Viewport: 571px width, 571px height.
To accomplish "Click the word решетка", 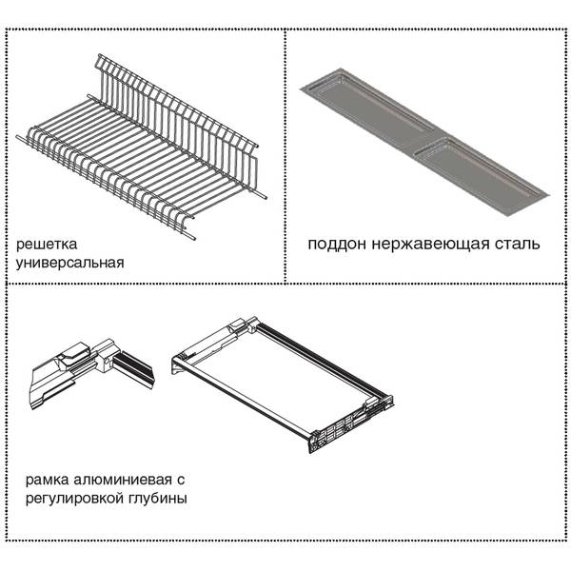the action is coord(47,245).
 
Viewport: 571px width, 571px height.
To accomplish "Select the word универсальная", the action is coord(69,263).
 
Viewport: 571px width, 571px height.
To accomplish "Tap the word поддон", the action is coord(337,244).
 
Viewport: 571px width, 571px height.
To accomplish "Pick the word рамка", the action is coord(47,480).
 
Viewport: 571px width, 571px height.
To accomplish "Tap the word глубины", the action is coord(158,498).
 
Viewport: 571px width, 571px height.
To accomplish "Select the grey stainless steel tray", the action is coord(424,141).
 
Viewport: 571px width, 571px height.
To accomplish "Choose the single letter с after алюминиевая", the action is coord(181,481).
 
